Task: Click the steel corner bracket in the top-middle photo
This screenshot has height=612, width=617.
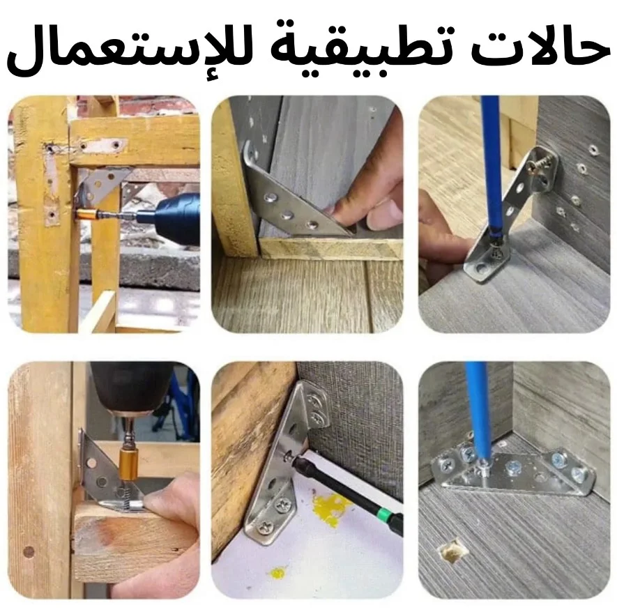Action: [291, 197]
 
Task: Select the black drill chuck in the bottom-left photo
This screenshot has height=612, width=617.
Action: [132, 388]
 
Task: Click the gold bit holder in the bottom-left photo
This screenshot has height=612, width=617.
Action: [128, 466]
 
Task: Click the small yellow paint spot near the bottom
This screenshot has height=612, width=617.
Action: [278, 572]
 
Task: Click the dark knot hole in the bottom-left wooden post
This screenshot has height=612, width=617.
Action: [29, 551]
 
